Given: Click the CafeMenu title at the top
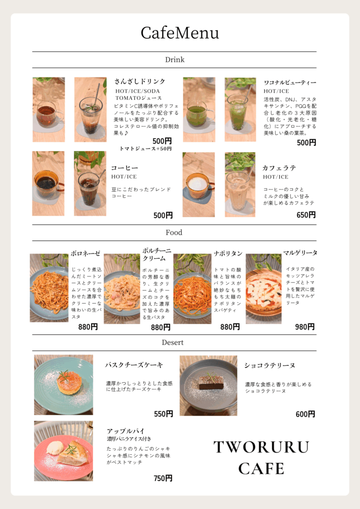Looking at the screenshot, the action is pos(180,33).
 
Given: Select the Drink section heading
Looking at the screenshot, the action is pos(175,60).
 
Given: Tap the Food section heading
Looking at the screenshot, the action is pos(174,233).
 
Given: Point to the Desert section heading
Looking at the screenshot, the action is pos(173,342).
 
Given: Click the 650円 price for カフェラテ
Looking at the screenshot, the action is pos(306,215).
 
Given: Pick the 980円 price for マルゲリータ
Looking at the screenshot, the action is pos(305,327).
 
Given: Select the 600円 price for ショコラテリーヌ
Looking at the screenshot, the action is pos(305,414).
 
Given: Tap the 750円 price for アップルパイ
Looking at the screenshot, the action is pos(163,478).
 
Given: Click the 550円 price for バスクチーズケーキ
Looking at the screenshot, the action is pos(163,414).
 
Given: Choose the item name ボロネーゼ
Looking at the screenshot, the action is pos(86,254).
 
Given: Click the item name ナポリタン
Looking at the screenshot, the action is pos(228,254).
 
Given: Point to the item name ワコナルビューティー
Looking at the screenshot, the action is pos(289,83).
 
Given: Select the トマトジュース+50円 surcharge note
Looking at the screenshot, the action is pos(145,149).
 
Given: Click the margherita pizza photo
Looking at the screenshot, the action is pos(264,289).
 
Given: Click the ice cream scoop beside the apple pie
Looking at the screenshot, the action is pos(54,449).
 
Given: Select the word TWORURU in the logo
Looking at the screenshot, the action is pos(261,447).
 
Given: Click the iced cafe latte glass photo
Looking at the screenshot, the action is pos(240,184).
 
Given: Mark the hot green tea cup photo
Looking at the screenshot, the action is pos(199,110).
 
